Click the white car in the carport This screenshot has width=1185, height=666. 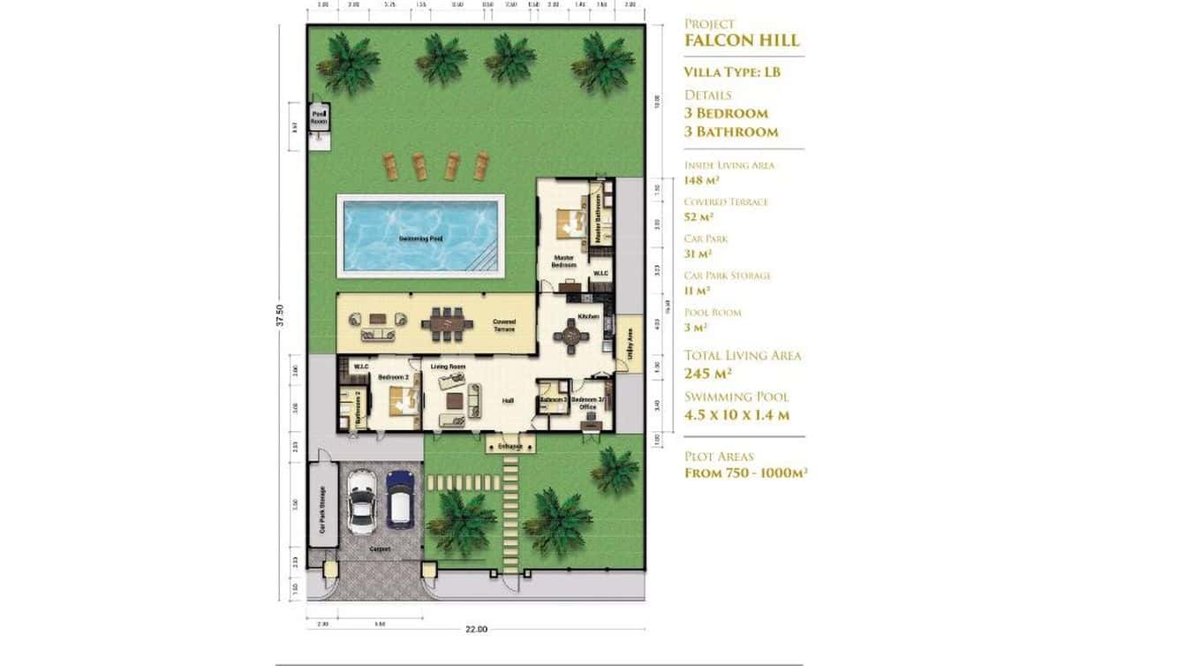362,502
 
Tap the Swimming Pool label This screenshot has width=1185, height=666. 420,238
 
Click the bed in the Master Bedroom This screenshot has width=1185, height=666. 570,223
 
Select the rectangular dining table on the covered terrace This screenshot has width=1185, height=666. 448,323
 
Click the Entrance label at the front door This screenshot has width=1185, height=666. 510,447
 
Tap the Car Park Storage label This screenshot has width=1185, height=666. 322,511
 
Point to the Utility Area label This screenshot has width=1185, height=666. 629,343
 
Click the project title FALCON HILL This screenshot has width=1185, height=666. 742,41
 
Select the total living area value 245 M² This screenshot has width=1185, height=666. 707,373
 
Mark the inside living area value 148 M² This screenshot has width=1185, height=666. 703,180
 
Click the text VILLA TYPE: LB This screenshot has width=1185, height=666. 732,72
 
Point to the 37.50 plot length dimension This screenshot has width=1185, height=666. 281,315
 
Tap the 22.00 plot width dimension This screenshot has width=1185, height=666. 476,629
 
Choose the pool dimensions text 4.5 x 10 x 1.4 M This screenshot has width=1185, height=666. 736,415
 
